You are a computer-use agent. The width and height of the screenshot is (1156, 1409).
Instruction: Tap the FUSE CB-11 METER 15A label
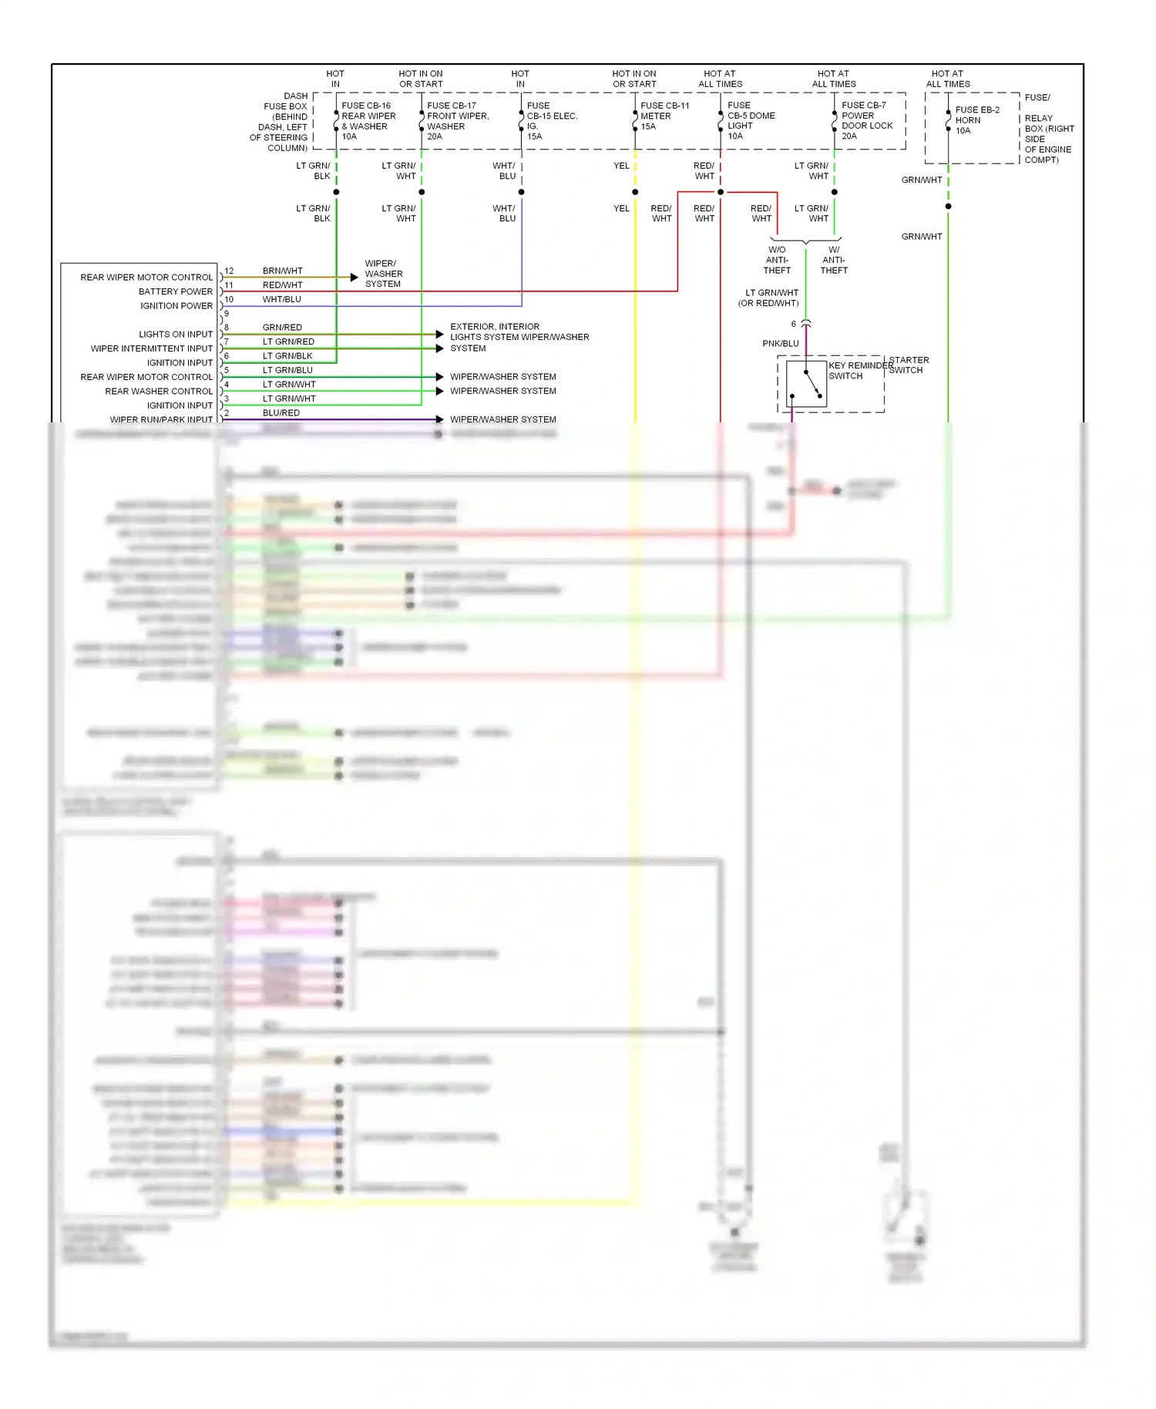click(x=664, y=116)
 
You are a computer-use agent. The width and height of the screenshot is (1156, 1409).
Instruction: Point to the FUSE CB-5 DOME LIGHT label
click(x=751, y=121)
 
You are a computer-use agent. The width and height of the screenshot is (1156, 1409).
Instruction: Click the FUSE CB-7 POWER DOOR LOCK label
click(x=866, y=120)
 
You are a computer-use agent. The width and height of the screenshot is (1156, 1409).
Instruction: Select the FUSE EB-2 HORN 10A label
click(x=976, y=120)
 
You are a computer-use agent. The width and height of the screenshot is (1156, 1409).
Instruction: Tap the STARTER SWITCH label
click(x=909, y=365)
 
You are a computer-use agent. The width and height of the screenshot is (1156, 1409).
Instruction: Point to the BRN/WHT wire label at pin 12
click(x=282, y=271)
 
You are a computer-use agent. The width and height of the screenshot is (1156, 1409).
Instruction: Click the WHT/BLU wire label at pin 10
click(x=281, y=299)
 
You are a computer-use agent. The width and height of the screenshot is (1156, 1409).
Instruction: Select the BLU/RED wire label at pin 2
click(x=281, y=412)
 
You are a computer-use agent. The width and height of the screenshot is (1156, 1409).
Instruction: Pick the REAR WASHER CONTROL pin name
click(x=159, y=391)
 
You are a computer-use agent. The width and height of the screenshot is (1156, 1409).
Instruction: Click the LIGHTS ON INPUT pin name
click(x=175, y=334)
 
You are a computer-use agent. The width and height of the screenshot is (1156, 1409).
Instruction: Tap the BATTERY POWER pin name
click(x=175, y=291)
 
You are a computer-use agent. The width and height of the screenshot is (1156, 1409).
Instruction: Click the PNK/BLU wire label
click(x=780, y=344)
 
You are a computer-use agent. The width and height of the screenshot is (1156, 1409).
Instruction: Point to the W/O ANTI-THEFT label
click(x=777, y=260)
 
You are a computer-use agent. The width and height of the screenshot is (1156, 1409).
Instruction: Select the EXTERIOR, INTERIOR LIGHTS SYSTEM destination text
click(x=519, y=337)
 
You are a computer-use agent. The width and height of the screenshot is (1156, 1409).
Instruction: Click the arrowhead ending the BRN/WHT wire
click(x=355, y=277)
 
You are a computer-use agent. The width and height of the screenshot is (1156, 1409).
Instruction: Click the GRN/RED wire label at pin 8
click(x=282, y=328)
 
